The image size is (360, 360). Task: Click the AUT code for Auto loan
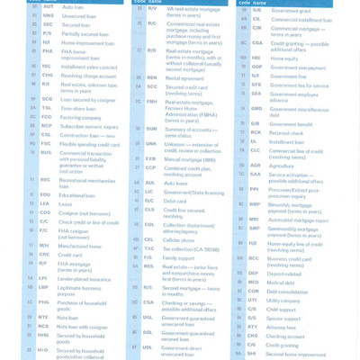(x=48, y=7)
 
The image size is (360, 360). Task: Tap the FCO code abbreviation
(x=47, y=117)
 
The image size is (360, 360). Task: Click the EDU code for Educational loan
(x=46, y=195)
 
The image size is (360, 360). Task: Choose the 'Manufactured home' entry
(x=80, y=246)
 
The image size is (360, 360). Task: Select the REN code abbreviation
(x=151, y=77)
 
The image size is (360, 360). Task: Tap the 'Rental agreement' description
(x=184, y=77)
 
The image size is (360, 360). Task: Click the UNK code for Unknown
(x=150, y=144)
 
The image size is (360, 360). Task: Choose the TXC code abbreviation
(x=149, y=248)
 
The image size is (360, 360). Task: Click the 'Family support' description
(x=180, y=257)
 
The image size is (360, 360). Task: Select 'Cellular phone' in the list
(x=181, y=240)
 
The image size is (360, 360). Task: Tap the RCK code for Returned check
(x=255, y=132)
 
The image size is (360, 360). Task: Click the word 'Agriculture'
(x=281, y=166)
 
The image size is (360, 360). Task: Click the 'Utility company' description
(x=286, y=300)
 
